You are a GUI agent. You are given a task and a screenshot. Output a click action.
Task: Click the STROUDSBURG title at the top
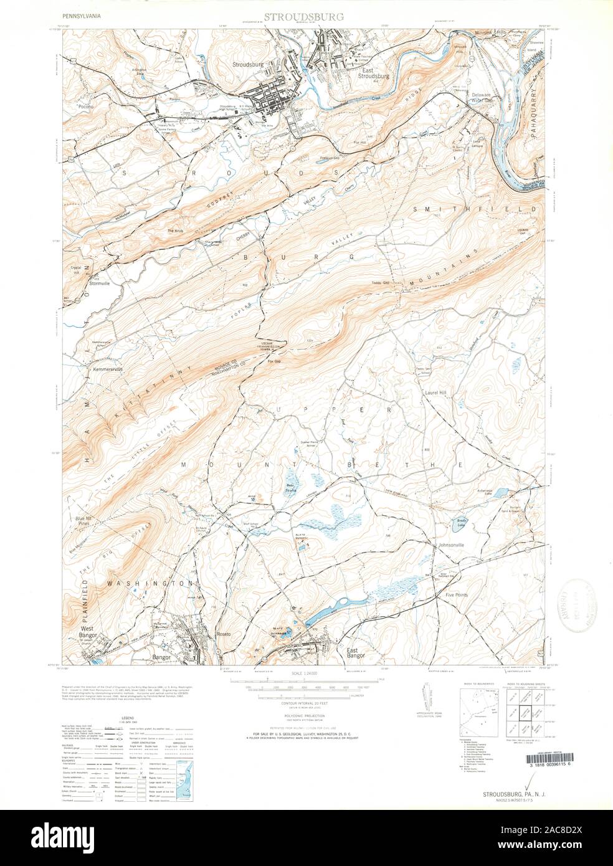click(303, 17)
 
